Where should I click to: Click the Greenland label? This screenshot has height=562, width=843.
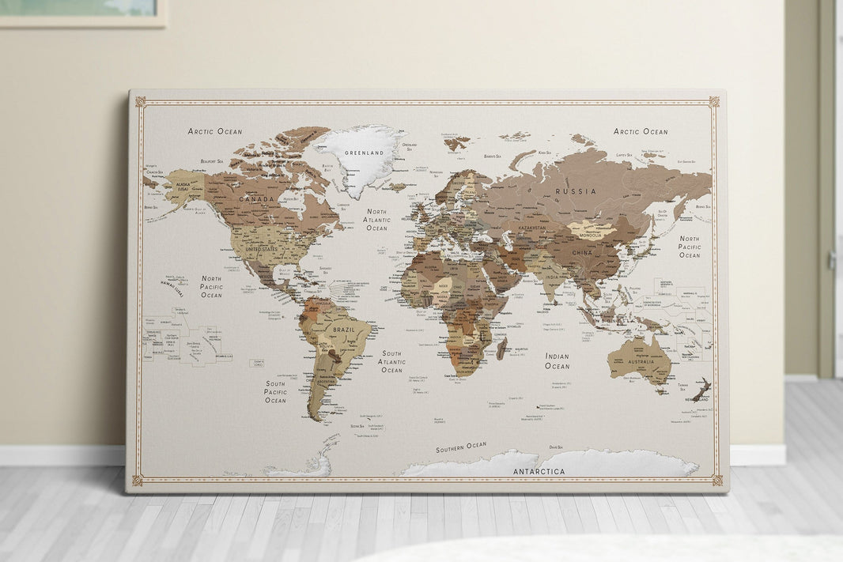click(364, 153)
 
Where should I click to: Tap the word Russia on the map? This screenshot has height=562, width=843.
click(575, 192)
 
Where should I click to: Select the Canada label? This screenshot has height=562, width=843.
click(256, 200)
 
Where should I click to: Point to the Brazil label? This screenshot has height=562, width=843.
click(344, 330)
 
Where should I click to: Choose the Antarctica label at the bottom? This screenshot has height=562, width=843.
click(539, 472)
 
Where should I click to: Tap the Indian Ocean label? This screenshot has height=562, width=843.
click(557, 361)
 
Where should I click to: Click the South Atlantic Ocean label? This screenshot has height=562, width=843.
click(391, 362)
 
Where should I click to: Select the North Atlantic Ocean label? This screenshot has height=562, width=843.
click(377, 220)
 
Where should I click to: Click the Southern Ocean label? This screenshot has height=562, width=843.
click(461, 447)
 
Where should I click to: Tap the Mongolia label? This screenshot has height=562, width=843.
click(591, 235)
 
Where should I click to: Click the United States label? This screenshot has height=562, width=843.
click(263, 250)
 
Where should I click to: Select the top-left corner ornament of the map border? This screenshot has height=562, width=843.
click(140, 101)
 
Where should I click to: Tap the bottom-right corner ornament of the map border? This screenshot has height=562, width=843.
click(716, 480)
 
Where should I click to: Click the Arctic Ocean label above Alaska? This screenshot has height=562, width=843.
click(215, 131)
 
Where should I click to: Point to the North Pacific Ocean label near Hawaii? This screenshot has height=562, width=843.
click(211, 287)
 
